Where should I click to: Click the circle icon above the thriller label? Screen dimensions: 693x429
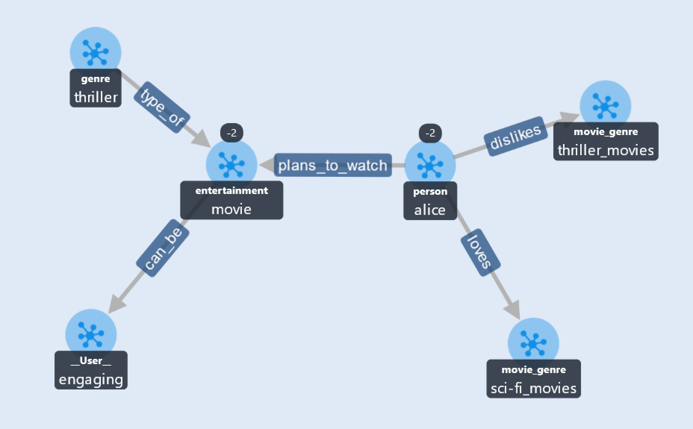click(x=96, y=53)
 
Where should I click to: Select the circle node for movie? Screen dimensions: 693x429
click(x=231, y=164)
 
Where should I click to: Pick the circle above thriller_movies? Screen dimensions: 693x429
click(x=605, y=106)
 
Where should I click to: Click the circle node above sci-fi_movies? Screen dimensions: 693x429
click(x=533, y=343)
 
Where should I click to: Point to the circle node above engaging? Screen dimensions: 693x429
click(x=91, y=335)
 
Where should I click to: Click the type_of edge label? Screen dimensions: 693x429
click(x=162, y=107)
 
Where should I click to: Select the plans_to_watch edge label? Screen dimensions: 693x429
click(x=333, y=165)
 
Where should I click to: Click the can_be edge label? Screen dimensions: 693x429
click(x=163, y=248)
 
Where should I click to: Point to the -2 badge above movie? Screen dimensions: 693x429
click(x=231, y=133)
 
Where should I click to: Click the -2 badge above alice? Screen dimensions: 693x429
click(x=430, y=133)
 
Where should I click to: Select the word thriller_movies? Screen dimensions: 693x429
click(x=606, y=150)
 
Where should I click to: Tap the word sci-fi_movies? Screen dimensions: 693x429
click(x=534, y=388)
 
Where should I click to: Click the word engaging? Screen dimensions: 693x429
click(x=91, y=380)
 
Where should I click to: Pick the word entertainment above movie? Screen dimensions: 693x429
click(x=231, y=191)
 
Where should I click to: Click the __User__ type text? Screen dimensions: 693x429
click(x=91, y=361)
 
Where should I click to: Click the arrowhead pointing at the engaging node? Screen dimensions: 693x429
click(x=116, y=304)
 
